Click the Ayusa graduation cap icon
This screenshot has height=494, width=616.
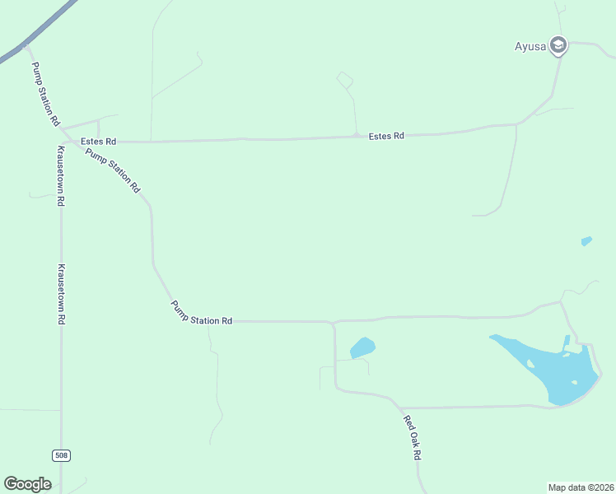(559, 44)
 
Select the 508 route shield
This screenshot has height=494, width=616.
(61, 455)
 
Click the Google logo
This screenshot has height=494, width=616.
(27, 484)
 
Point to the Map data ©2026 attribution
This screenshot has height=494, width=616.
(581, 487)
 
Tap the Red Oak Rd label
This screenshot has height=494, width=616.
(413, 438)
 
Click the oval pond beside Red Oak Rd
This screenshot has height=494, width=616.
(362, 347)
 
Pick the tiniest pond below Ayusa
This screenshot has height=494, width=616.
(586, 241)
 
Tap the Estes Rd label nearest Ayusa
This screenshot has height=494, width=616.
(386, 136)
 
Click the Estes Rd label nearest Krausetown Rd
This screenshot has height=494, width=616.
(98, 142)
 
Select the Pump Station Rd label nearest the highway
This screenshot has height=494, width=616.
(44, 94)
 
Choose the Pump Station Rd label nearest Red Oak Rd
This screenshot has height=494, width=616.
(202, 314)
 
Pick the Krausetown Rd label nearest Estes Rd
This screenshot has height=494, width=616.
(61, 175)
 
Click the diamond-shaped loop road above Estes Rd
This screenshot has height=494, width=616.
(345, 80)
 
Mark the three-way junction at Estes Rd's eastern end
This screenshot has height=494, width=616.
(517, 124)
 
